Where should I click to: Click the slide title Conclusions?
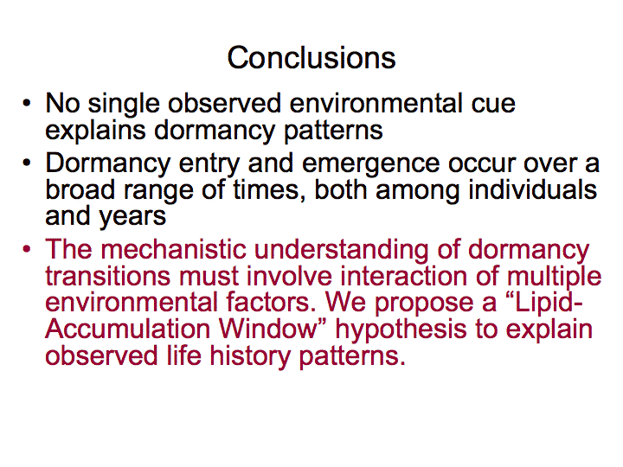(x=311, y=58)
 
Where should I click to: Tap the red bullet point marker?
(x=27, y=249)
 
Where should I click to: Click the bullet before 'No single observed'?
(x=27, y=103)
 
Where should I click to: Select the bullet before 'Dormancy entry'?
(x=27, y=163)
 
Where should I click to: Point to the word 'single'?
(x=124, y=105)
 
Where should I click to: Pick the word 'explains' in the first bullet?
(x=95, y=131)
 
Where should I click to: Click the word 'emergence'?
(x=370, y=164)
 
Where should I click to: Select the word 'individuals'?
(x=532, y=189)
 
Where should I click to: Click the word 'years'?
(x=132, y=218)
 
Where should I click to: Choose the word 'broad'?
(x=80, y=189)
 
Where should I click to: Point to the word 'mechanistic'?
(x=173, y=249)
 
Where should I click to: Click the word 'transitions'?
(x=107, y=276)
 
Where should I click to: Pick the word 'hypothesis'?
(x=401, y=330)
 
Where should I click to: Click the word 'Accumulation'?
(x=127, y=329)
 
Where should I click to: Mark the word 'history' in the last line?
(x=250, y=356)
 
